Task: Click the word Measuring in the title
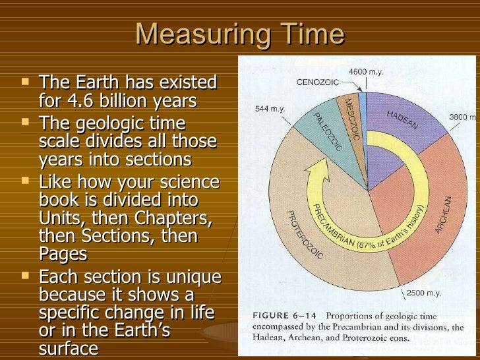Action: [x=202, y=35]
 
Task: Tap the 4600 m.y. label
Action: [x=366, y=72]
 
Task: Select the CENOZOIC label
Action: [x=318, y=82]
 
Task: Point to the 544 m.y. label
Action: [x=270, y=109]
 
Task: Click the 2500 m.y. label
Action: [x=424, y=293]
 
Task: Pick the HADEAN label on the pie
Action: [x=402, y=120]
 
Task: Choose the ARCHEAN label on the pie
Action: [x=443, y=215]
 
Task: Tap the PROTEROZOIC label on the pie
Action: [x=305, y=235]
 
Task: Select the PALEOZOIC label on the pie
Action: [x=327, y=132]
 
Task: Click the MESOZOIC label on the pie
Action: [x=352, y=119]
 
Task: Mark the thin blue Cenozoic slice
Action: [x=362, y=123]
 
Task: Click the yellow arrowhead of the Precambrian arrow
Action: [x=318, y=170]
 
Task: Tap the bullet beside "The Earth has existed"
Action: [x=25, y=82]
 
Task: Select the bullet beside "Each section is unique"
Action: [x=25, y=276]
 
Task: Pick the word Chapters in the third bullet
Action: [x=173, y=218]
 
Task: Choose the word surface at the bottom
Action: [x=69, y=348]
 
